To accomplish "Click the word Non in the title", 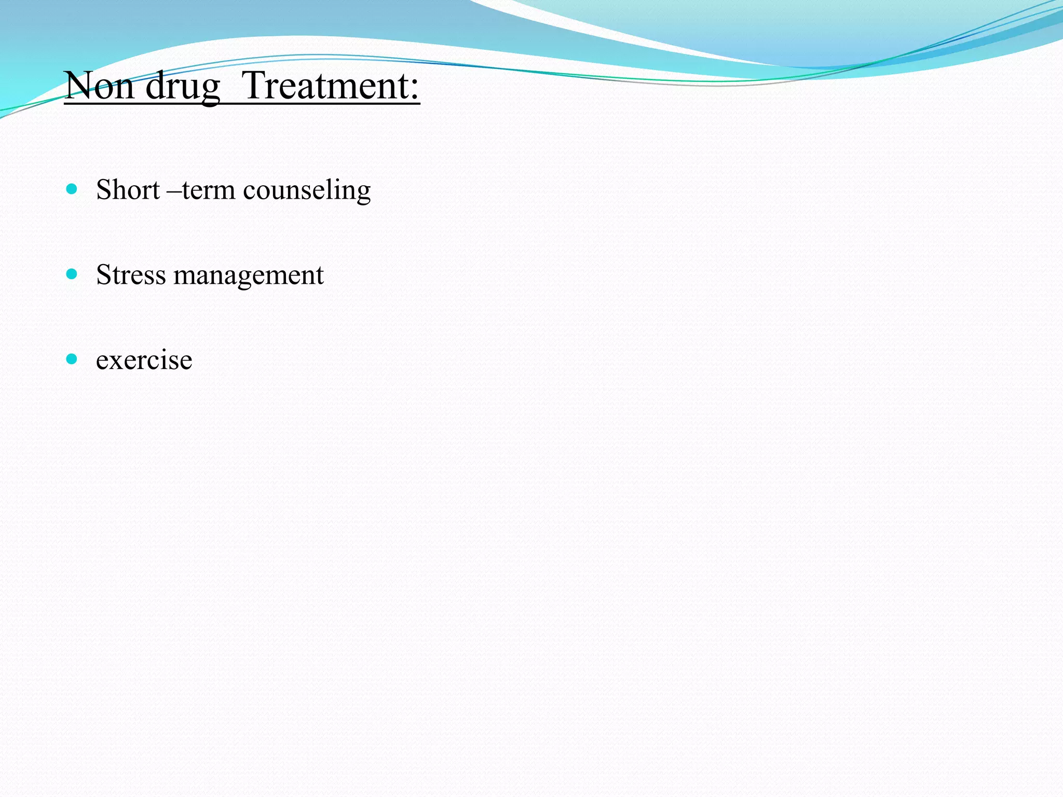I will click(x=99, y=86).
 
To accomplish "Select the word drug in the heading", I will click(x=183, y=87).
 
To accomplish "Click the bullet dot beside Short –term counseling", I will click(x=72, y=188).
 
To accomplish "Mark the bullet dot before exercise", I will click(x=72, y=359).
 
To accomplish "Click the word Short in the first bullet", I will click(x=128, y=189).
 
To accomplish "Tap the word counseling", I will click(x=307, y=190).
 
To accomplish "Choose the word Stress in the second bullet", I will click(x=131, y=274).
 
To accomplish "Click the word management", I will click(x=249, y=276).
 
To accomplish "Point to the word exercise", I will click(x=144, y=360).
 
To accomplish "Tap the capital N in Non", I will click(x=78, y=86).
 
